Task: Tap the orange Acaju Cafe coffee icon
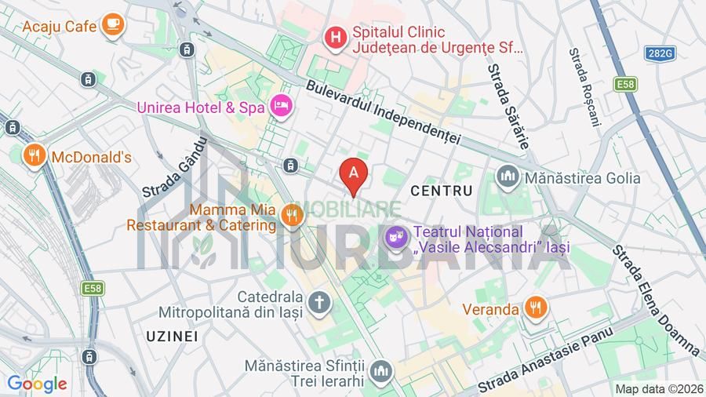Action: tap(114, 24)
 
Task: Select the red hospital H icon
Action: tap(336, 36)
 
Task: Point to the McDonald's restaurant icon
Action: tap(34, 155)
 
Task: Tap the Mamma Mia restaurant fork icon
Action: tap(293, 214)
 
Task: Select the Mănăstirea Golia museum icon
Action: tap(508, 177)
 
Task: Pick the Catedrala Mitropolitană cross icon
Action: tap(319, 301)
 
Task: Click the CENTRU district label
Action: tap(442, 191)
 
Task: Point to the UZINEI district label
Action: tap(172, 336)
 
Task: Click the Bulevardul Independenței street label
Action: tap(383, 115)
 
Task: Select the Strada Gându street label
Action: tap(174, 167)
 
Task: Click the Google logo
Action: tap(37, 384)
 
